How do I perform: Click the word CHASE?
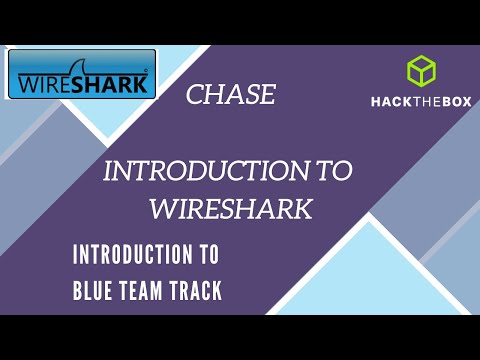coord(230,96)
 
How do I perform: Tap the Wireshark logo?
coord(82,74)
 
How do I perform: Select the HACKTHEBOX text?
coord(421,103)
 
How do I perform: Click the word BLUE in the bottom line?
coord(96,291)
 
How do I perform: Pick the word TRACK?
coord(199,291)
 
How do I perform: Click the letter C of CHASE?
coord(194,96)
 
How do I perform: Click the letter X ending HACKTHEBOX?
coord(466,103)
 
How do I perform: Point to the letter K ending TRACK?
coord(217,291)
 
